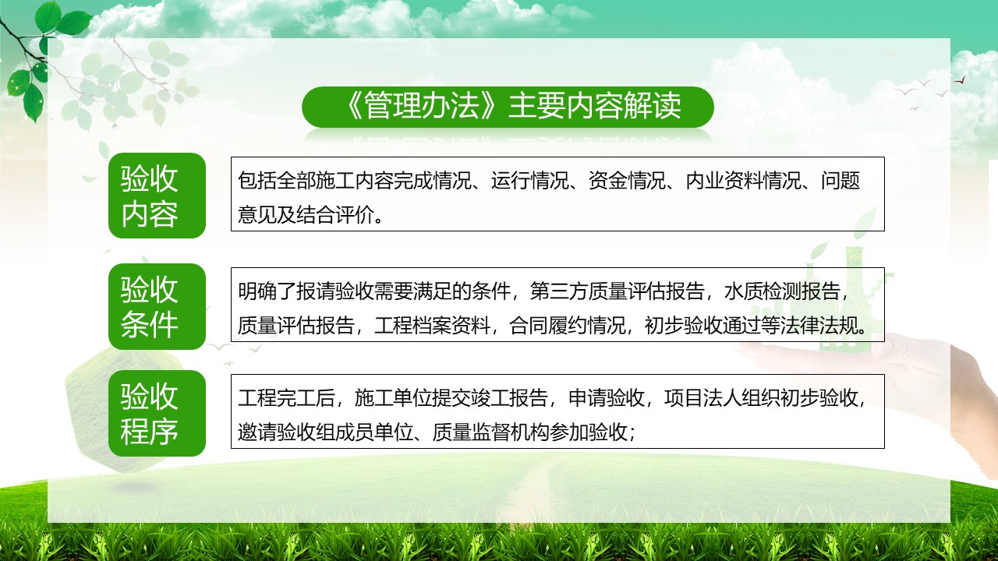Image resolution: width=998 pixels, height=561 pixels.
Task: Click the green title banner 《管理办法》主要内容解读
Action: click(508, 108)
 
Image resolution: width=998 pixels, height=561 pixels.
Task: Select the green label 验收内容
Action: click(157, 196)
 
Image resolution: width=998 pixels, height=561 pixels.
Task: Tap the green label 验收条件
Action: click(157, 306)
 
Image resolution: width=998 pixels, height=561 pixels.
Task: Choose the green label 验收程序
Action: click(157, 413)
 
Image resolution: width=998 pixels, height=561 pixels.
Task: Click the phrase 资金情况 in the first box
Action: click(626, 180)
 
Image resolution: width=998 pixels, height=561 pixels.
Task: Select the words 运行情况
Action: click(529, 180)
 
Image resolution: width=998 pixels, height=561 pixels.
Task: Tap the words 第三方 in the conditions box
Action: click(558, 291)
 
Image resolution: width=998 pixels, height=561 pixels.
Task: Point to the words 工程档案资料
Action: click(432, 326)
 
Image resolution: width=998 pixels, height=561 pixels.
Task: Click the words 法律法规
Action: click(819, 326)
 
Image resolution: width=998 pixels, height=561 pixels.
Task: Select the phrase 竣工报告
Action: click(509, 397)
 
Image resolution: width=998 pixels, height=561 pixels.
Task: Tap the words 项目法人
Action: click(703, 397)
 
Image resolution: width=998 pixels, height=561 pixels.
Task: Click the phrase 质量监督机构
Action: click(490, 432)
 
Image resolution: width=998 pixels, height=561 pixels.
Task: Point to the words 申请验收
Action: click(607, 397)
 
